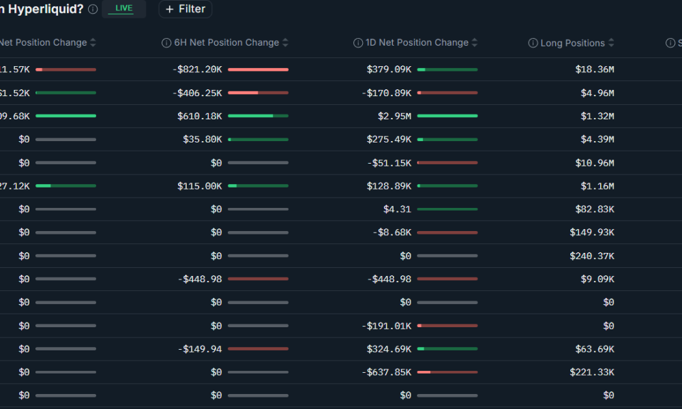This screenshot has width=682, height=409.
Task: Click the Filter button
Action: point(185,10)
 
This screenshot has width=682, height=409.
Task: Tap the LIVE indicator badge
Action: point(123,9)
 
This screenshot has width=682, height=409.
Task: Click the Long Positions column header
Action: point(572,43)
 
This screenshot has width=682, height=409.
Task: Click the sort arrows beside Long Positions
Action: point(611,43)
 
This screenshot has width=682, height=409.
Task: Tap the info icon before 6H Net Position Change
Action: point(166,43)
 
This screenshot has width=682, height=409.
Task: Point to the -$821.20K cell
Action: point(198,70)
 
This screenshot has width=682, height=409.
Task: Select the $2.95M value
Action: point(395,116)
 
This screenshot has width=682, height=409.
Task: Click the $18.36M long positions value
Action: point(595,70)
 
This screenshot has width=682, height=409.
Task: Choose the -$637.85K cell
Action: point(387,372)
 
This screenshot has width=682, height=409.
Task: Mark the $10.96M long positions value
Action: point(595,163)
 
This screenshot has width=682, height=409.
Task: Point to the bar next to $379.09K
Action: point(447,70)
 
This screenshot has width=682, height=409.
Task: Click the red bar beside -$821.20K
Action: point(258,70)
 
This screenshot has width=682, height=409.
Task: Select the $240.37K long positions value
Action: point(592,256)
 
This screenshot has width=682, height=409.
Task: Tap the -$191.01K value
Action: point(387,325)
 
